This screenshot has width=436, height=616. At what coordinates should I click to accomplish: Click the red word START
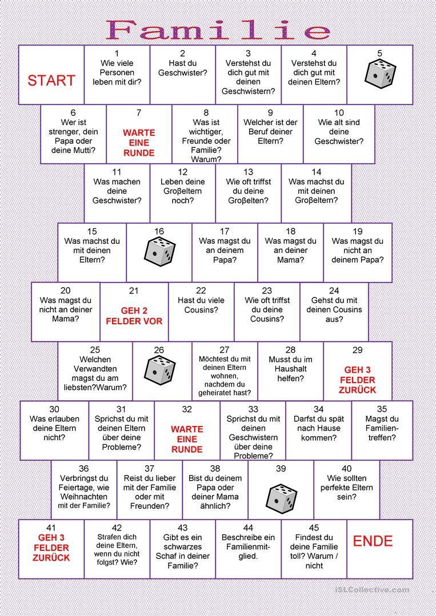pos(51,80)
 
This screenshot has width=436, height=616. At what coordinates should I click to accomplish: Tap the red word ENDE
pos(373,541)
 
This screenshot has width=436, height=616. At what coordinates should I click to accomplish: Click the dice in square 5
pos(380,74)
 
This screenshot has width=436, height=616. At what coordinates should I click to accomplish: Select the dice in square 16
pos(159,251)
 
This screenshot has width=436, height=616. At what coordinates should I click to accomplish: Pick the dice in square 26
pos(159,369)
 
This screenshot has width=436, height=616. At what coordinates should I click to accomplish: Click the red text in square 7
pos(139,143)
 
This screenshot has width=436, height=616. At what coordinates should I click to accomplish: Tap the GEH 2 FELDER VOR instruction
pos(134,316)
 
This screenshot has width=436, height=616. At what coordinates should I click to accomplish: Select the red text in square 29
pos(358,380)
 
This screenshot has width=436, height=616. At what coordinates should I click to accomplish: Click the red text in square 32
pos(187,439)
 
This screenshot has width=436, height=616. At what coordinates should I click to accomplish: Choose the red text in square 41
pos(51,547)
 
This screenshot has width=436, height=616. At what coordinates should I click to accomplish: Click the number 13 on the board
pos(248,172)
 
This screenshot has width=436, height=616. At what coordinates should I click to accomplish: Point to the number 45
pos(314,528)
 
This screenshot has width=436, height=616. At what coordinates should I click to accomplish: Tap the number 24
pos(334,291)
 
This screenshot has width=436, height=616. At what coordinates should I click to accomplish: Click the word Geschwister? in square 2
pos(183,73)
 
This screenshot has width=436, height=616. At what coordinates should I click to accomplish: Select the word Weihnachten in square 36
pos(84,497)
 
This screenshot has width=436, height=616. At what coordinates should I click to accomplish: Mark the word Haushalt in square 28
pos(291,369)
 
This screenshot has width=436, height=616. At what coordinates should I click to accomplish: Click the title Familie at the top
pos(218,30)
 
